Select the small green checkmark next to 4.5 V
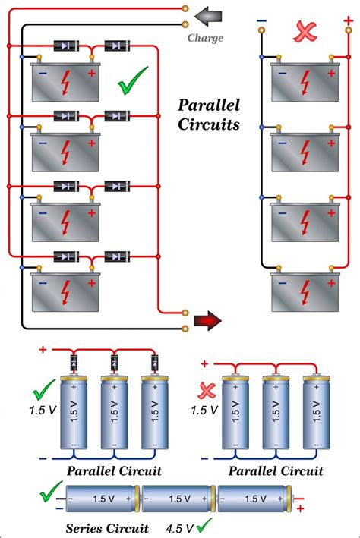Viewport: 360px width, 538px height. coord(203,525)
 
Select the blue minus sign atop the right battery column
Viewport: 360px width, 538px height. coord(261,20)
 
